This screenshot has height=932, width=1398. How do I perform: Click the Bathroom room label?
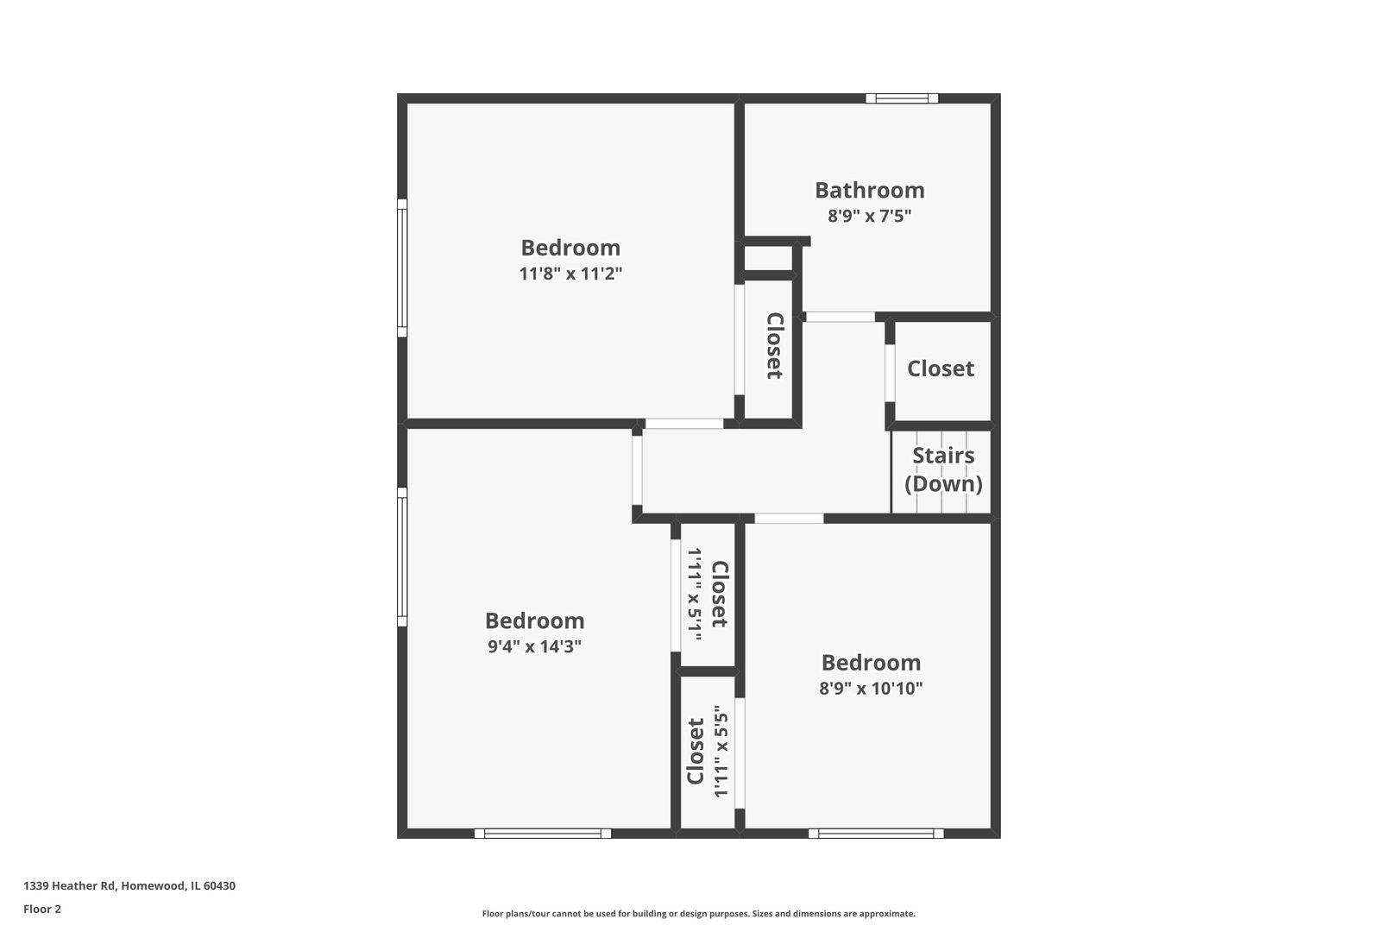click(x=869, y=190)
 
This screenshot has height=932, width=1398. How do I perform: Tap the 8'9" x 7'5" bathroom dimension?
click(x=869, y=216)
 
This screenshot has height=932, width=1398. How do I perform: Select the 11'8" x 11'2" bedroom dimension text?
click(x=570, y=274)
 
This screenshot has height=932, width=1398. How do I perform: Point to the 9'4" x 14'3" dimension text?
click(x=534, y=646)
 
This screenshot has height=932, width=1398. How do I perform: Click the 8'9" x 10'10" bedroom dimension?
click(x=871, y=688)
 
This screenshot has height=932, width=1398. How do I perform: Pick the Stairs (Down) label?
click(x=943, y=469)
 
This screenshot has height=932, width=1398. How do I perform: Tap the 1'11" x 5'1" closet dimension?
click(x=694, y=595)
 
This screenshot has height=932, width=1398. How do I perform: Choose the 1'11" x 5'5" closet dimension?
click(x=722, y=751)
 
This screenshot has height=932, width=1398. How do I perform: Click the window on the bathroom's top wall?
click(x=902, y=98)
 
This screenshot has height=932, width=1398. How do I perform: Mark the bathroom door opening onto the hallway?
click(x=840, y=318)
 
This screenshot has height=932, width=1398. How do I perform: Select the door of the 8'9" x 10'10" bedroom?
click(x=789, y=519)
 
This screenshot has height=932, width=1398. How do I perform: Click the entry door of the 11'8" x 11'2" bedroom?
click(x=684, y=424)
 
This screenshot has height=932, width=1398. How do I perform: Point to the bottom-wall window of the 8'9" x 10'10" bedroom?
click(x=876, y=834)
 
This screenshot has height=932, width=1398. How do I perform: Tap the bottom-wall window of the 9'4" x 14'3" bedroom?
click(x=543, y=834)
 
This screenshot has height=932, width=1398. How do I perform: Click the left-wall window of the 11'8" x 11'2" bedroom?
click(x=402, y=268)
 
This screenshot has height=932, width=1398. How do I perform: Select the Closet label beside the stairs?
click(x=940, y=368)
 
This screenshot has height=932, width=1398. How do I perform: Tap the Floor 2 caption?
click(x=42, y=909)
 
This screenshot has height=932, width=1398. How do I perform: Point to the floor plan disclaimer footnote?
click(x=698, y=913)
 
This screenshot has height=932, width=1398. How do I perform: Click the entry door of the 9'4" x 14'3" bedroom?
click(x=637, y=470)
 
